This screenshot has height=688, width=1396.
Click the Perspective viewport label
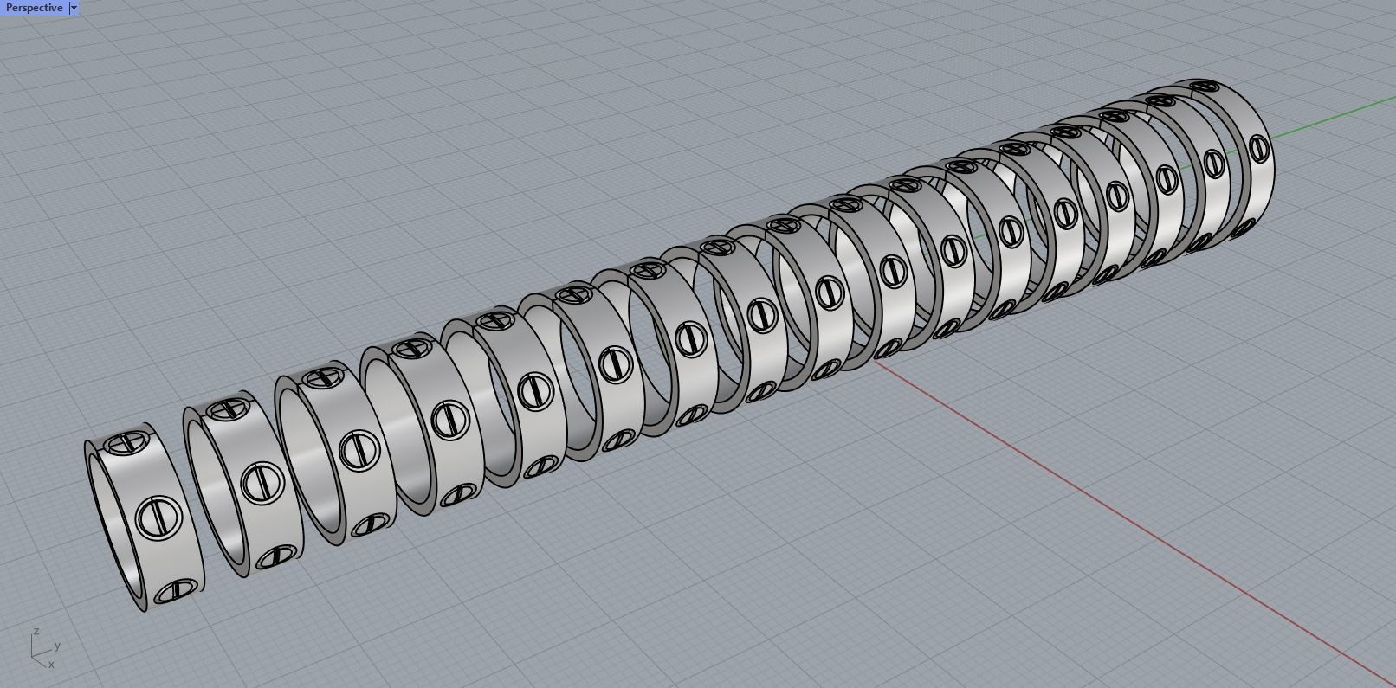pyautogui.click(x=34, y=8)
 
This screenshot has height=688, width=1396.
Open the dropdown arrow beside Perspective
pyautogui.click(x=74, y=8)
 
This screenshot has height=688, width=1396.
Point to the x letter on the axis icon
pyautogui.click(x=51, y=665)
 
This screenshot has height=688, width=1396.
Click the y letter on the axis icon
pyautogui.click(x=57, y=646)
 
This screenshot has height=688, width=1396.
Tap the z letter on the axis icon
pyautogui.click(x=36, y=632)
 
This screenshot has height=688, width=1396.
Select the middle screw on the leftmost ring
pyautogui.click(x=158, y=518)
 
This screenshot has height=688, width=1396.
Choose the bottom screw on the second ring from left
pyautogui.click(x=279, y=556)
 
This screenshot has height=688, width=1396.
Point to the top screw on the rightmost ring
pyautogui.click(x=1204, y=87)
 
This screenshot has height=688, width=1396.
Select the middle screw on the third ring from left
pyautogui.click(x=355, y=450)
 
